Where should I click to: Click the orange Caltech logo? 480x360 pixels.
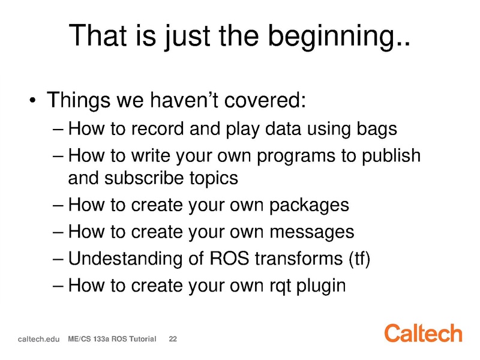(x=424, y=333)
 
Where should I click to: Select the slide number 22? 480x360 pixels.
(x=173, y=339)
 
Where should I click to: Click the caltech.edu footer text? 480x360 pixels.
(x=38, y=339)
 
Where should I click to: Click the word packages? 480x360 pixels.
(x=309, y=206)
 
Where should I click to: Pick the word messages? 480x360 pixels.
(x=312, y=232)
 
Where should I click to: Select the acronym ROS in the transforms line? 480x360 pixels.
(x=229, y=259)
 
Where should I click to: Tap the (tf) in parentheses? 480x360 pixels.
(x=359, y=259)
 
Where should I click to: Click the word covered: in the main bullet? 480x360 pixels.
(x=265, y=100)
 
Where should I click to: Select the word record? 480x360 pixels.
(x=157, y=128)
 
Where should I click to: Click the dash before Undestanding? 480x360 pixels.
(x=58, y=259)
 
